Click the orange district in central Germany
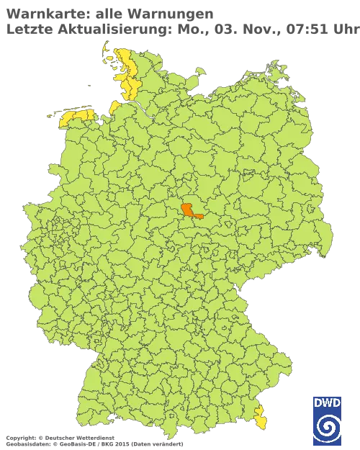tap(190, 210)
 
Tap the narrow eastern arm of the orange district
tap(199, 215)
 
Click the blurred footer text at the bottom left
tap(58, 438)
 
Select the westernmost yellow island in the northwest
tap(50, 115)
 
